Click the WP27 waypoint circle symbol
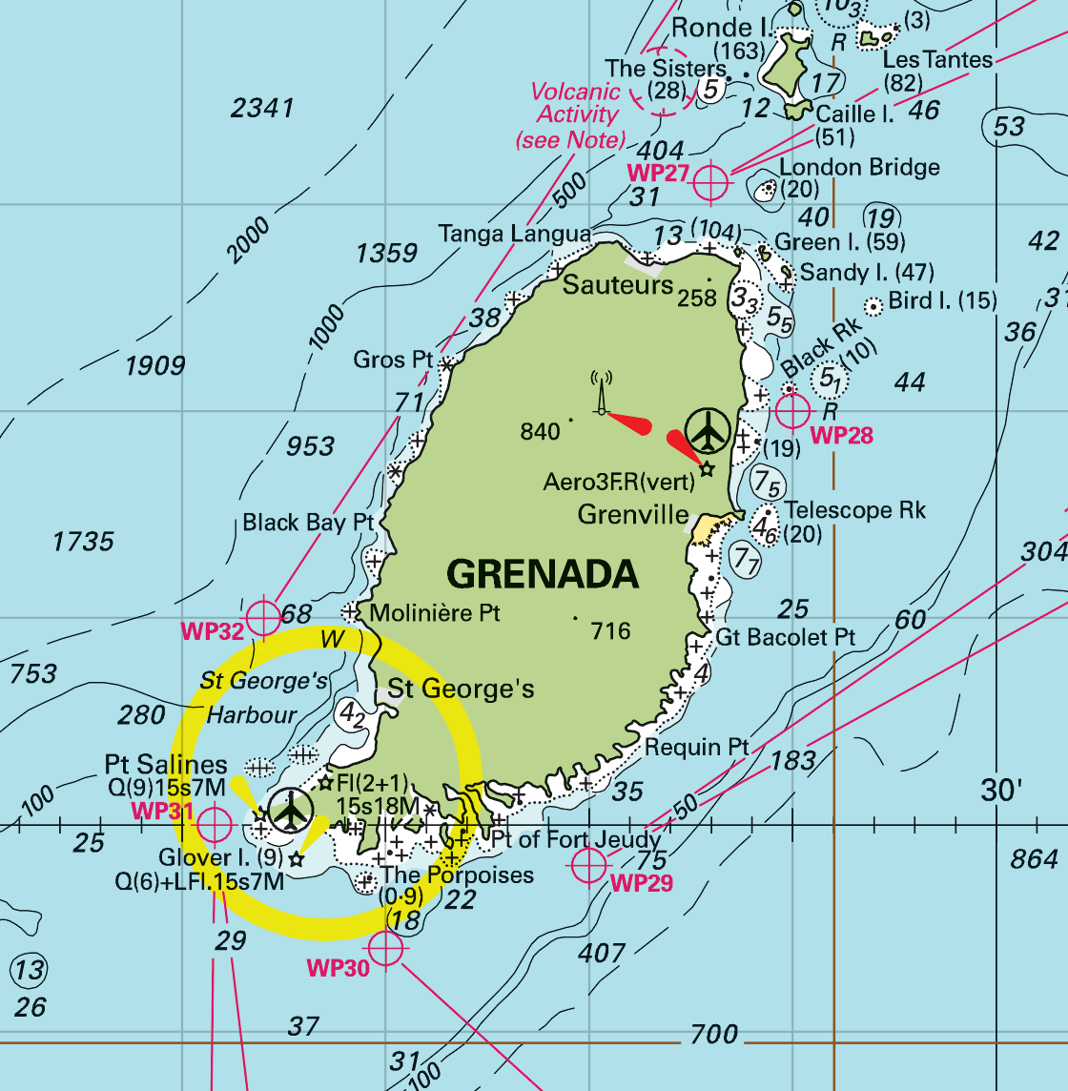710,181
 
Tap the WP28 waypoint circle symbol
792,411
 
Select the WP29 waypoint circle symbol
588,865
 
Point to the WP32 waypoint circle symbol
262,618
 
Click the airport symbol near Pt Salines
291,811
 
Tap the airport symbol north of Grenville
708,430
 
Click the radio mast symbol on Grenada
601,393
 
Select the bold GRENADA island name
543,574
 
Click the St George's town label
461,689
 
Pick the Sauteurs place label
618,284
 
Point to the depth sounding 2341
262,108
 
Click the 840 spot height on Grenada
540,432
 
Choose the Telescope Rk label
854,510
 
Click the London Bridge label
859,167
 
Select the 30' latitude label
1001,790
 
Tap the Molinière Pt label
435,612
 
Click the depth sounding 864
1033,858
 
